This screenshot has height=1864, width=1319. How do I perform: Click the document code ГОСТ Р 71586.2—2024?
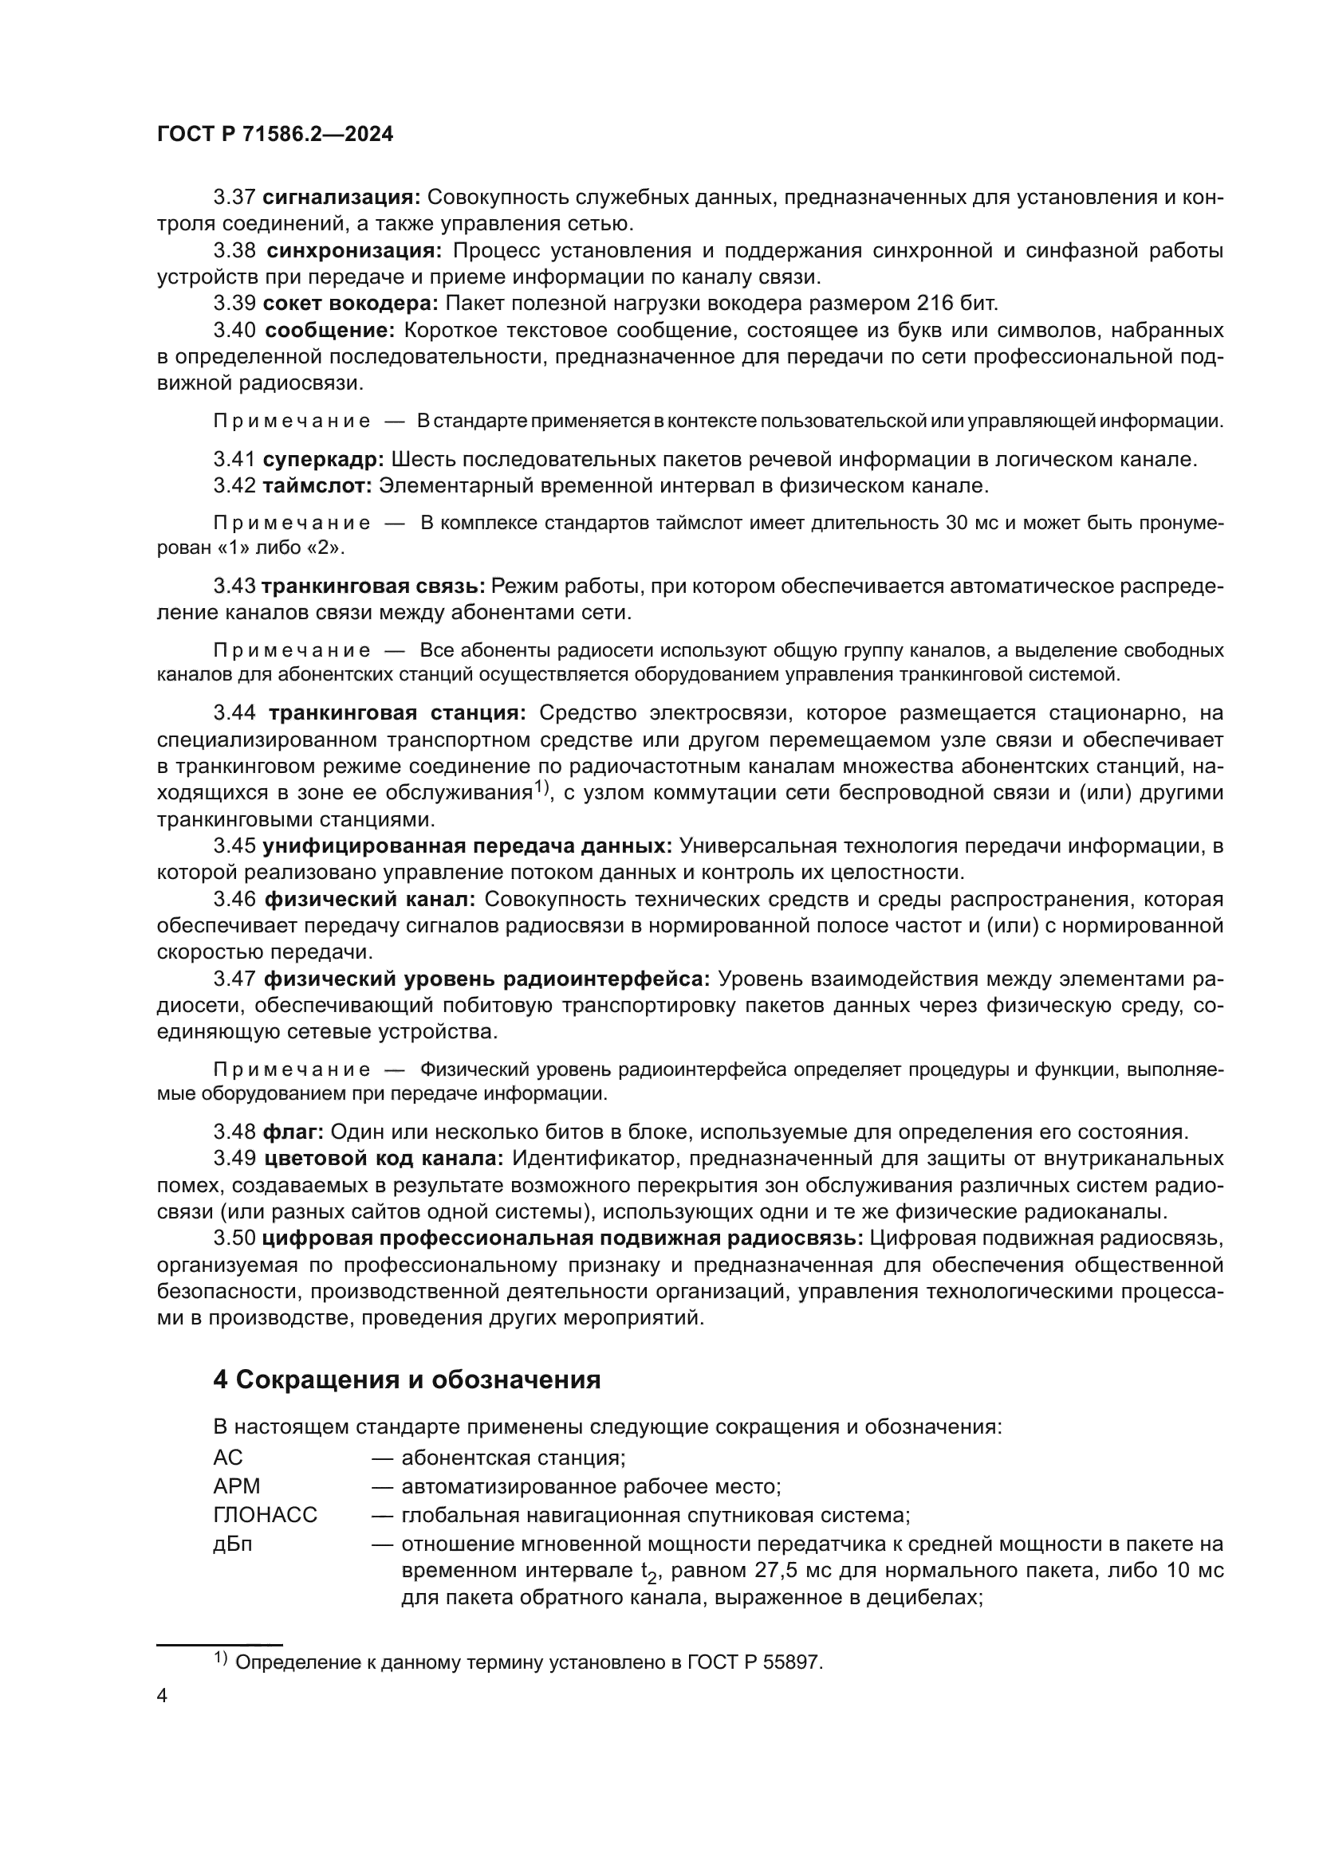coord(274,135)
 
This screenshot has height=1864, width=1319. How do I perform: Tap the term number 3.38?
coord(234,250)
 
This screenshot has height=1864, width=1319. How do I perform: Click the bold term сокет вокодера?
coord(351,304)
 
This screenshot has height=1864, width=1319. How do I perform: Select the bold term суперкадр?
coord(323,460)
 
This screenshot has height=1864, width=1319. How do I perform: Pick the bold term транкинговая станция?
coord(397,713)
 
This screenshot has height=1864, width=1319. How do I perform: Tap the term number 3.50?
coord(234,1238)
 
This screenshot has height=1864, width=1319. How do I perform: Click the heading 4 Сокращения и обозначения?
coord(407,1380)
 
